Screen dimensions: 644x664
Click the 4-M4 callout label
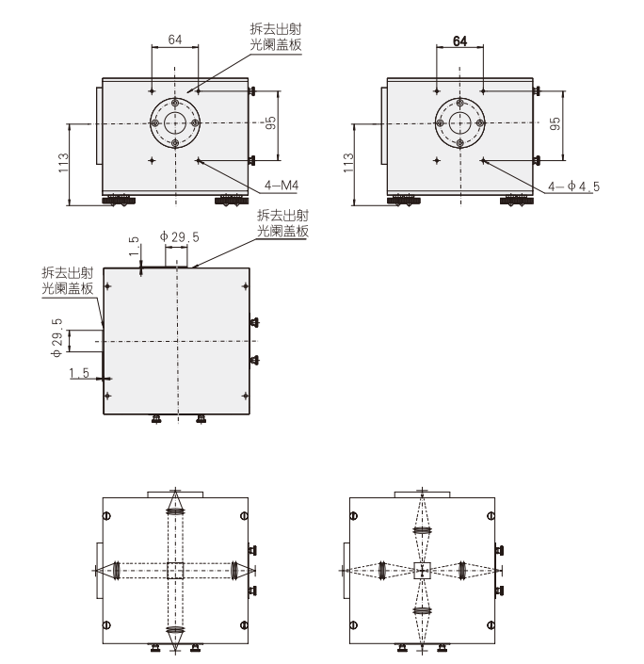[282, 185]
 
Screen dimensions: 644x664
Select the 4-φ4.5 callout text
[573, 186]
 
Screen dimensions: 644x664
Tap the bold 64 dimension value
[459, 41]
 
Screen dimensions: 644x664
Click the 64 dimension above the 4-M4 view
[175, 40]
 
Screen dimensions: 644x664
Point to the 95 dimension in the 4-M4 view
[270, 122]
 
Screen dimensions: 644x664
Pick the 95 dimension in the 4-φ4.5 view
[555, 123]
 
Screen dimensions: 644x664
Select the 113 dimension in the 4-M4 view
[63, 163]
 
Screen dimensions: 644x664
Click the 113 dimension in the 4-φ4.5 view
[348, 163]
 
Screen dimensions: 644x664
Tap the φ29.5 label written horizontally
[179, 236]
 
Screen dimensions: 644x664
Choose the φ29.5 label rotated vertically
[57, 338]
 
